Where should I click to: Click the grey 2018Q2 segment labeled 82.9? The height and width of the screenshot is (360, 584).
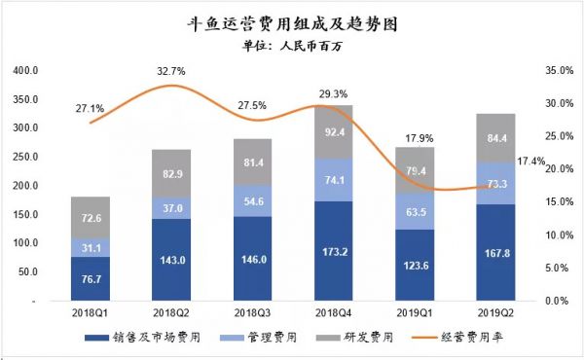[x=171, y=173]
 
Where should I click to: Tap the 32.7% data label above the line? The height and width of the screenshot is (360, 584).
[x=171, y=71]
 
